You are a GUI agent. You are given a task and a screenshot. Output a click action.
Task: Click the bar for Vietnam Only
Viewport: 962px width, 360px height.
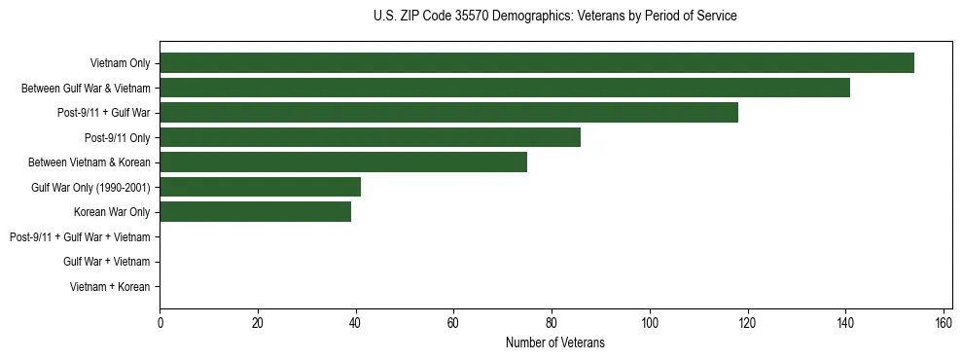click(x=537, y=63)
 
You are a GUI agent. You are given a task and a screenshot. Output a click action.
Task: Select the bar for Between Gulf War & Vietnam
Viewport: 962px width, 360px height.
click(x=505, y=88)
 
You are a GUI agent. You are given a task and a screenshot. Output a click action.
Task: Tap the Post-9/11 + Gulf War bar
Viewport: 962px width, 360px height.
click(x=448, y=113)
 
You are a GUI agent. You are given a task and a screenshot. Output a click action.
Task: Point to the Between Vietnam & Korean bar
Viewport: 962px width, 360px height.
click(x=343, y=162)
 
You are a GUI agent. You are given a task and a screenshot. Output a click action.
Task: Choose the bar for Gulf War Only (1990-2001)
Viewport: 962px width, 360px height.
click(x=260, y=187)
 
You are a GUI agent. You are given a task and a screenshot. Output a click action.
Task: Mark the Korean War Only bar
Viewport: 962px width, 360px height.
click(x=255, y=212)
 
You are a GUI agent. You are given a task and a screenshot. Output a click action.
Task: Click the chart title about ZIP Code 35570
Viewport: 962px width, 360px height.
click(x=555, y=17)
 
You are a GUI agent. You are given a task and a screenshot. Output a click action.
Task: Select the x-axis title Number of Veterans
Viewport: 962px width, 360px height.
click(x=555, y=342)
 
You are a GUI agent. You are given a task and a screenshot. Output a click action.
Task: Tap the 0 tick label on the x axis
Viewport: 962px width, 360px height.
click(x=160, y=323)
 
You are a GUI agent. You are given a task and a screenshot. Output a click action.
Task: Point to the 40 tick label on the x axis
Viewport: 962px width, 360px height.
click(x=356, y=323)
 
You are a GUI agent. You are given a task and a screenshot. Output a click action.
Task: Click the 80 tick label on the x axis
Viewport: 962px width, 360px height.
click(x=552, y=323)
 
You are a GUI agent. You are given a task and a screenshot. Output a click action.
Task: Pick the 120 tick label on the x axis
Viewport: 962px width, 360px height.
click(x=747, y=323)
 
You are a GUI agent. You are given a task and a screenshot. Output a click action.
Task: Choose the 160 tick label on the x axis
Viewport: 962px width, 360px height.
click(x=943, y=323)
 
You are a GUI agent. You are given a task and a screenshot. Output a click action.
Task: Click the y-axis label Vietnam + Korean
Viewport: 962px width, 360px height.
click(x=110, y=287)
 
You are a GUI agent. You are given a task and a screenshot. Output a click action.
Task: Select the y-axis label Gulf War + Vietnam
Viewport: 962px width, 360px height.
click(x=106, y=262)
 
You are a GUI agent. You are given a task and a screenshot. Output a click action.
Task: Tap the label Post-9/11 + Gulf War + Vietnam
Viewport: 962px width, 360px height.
click(x=80, y=237)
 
